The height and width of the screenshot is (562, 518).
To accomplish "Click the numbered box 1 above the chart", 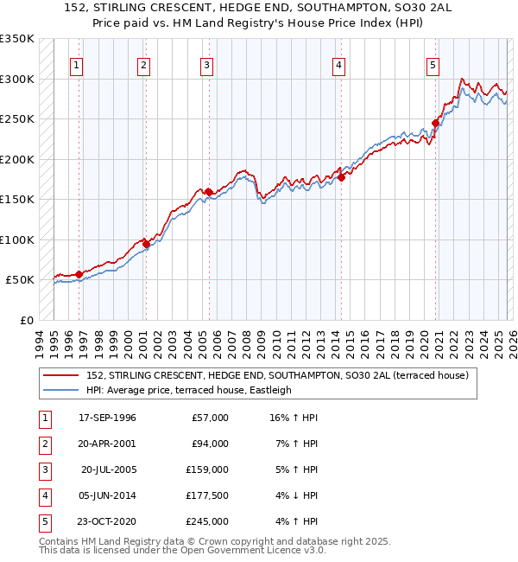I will tap(78, 65).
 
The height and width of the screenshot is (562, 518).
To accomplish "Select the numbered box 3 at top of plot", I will tap(207, 65).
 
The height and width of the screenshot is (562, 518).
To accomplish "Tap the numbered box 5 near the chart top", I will tap(433, 65).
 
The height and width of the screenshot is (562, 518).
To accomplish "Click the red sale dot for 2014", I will tap(341, 177).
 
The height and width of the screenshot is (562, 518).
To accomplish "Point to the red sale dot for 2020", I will tap(436, 123).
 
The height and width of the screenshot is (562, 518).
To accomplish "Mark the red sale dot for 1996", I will tap(79, 274).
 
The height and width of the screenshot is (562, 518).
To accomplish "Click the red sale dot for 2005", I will tap(208, 192).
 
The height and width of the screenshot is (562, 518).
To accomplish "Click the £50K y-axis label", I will tap(20, 280).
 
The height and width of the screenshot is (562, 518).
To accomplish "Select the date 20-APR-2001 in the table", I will tap(107, 444).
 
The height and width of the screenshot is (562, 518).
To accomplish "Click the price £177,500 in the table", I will tap(207, 495).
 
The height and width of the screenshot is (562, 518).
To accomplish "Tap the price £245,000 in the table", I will tap(207, 521).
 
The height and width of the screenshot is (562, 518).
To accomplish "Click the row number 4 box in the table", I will tap(42, 495).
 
